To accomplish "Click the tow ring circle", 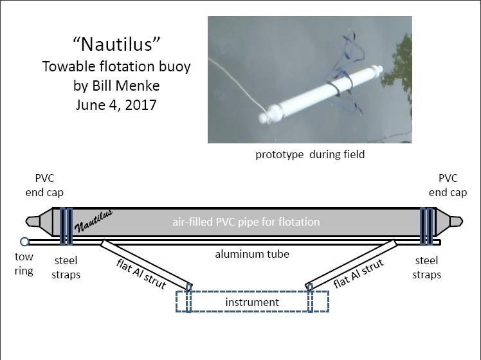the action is pyautogui.click(x=24, y=242).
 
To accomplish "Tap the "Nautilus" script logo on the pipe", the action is pyautogui.click(x=93, y=221).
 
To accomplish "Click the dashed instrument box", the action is pyautogui.click(x=253, y=301).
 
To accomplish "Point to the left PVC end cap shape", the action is pyautogui.click(x=39, y=221).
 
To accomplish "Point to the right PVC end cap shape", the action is pyautogui.click(x=449, y=221).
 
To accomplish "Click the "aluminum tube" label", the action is pyautogui.click(x=252, y=254).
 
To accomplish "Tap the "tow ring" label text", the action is pyautogui.click(x=24, y=264).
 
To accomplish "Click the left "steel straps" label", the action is pyautogui.click(x=66, y=267).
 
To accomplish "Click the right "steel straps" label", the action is pyautogui.click(x=427, y=267).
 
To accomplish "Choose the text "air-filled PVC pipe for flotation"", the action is pyautogui.click(x=246, y=222).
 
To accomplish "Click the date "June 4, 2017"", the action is pyautogui.click(x=116, y=105).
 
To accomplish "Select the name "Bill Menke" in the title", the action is pyautogui.click(x=126, y=85).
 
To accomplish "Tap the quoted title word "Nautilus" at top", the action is pyautogui.click(x=116, y=44).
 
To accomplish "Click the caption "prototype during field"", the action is pyautogui.click(x=310, y=154).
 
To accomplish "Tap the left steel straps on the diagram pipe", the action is pyautogui.click(x=66, y=226).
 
